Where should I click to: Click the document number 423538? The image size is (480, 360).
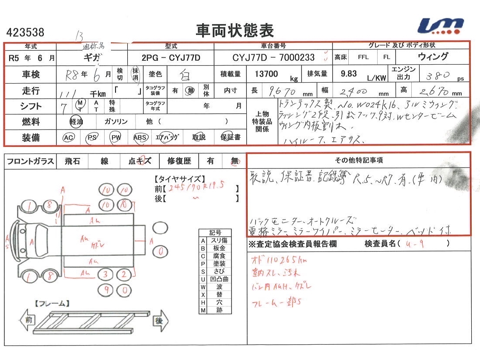(25, 32)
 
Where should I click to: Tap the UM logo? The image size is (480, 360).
(441, 26)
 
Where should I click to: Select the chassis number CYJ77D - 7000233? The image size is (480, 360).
(273, 58)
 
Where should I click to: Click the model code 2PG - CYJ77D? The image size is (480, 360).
(170, 58)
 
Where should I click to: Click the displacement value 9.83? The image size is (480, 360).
(349, 74)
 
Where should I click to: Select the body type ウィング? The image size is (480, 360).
(433, 57)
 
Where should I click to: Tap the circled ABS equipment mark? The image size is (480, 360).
(140, 138)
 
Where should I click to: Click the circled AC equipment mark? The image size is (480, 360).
(69, 138)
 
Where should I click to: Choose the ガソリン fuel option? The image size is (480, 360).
(116, 122)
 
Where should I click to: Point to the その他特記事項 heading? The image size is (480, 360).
(359, 161)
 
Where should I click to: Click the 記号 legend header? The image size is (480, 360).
(215, 233)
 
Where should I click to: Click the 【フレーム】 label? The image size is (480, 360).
(51, 303)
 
